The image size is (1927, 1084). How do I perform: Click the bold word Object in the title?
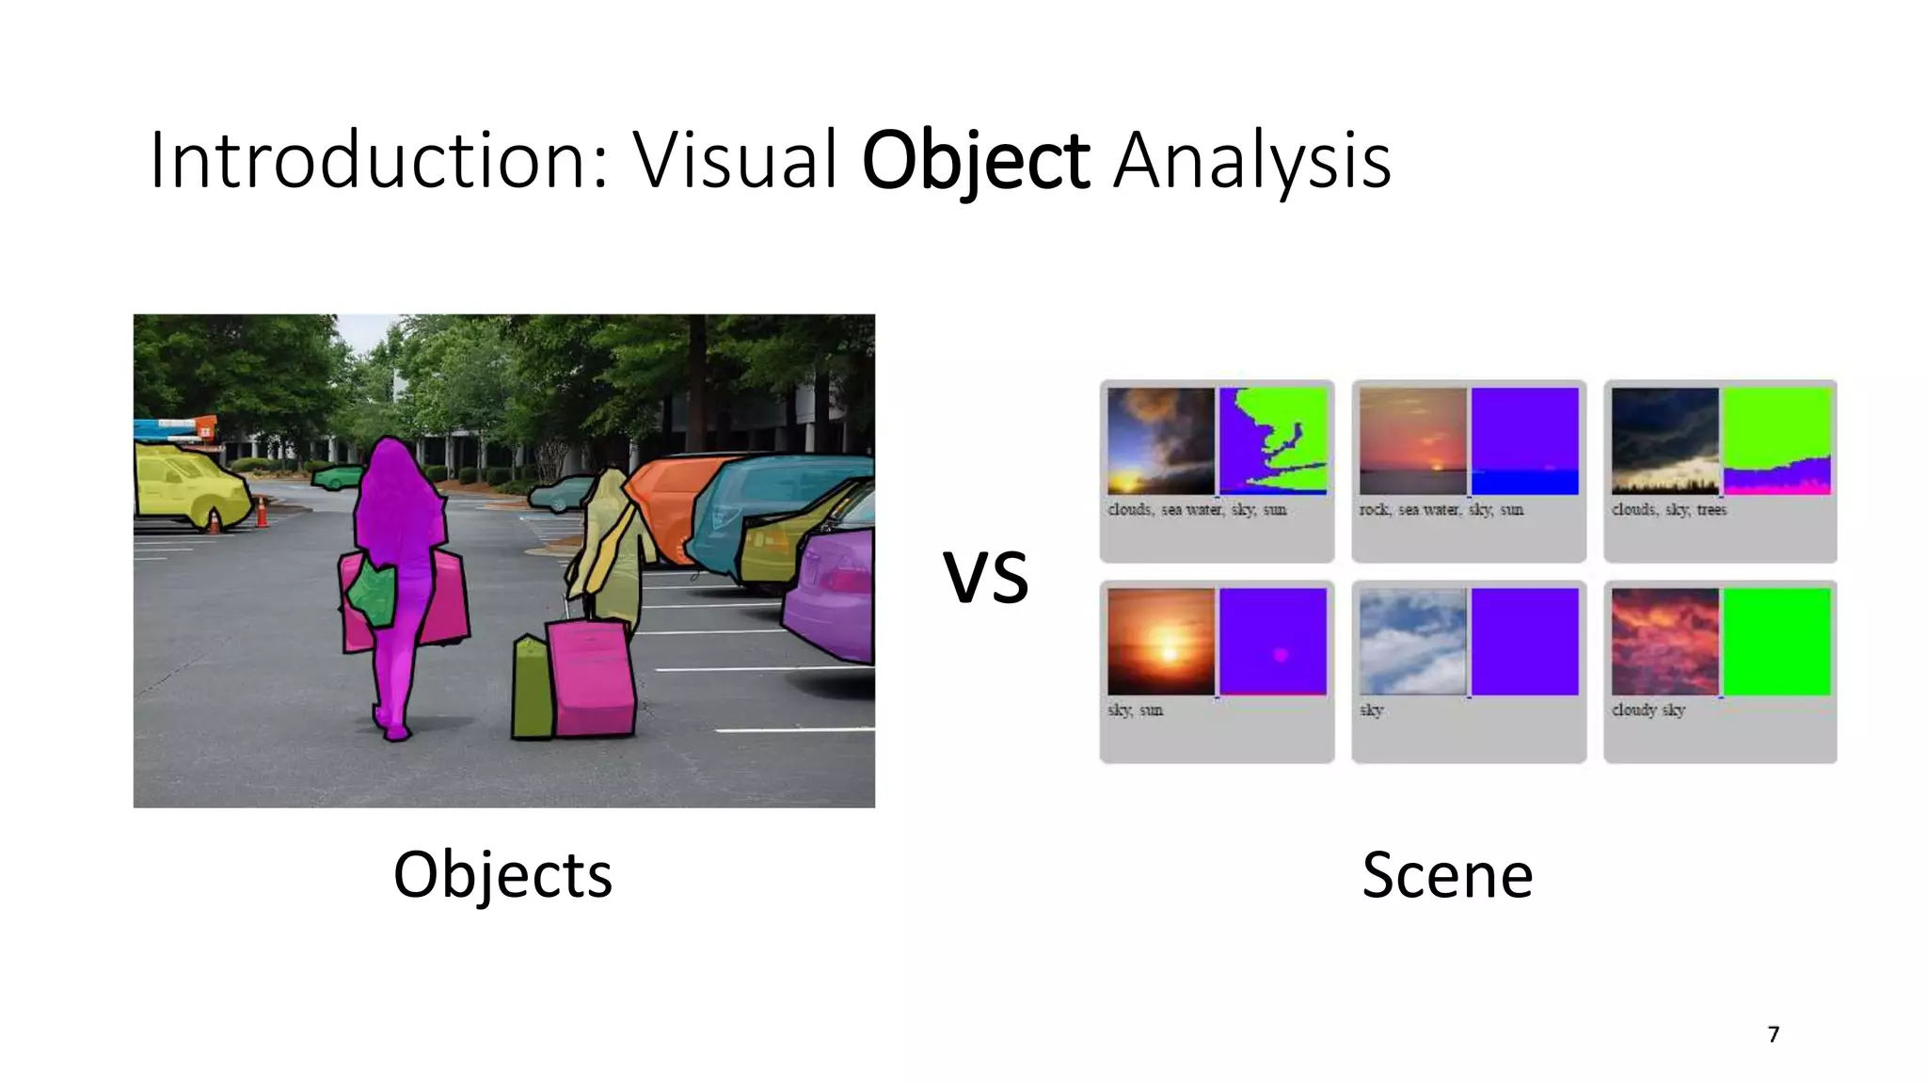(x=975, y=161)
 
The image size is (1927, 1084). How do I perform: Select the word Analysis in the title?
(x=1251, y=163)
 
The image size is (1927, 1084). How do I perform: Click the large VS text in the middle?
(x=985, y=577)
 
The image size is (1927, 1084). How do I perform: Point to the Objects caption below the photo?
(x=502, y=874)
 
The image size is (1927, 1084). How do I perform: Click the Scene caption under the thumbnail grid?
(x=1447, y=875)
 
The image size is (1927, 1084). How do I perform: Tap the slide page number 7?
(x=1774, y=1035)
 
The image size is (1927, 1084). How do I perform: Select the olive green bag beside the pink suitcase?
(x=532, y=687)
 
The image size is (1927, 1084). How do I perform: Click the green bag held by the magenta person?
(x=372, y=596)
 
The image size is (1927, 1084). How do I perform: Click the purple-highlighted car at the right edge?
(x=833, y=593)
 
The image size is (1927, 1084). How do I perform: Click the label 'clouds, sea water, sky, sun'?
(x=1196, y=510)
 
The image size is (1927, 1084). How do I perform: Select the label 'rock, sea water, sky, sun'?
(x=1441, y=510)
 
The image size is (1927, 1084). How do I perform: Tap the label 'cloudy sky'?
(x=1648, y=710)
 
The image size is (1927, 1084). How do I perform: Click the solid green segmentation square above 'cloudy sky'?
(x=1776, y=642)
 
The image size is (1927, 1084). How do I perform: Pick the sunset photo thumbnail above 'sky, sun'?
(x=1161, y=642)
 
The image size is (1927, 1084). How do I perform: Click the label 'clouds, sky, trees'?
(x=1668, y=510)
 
